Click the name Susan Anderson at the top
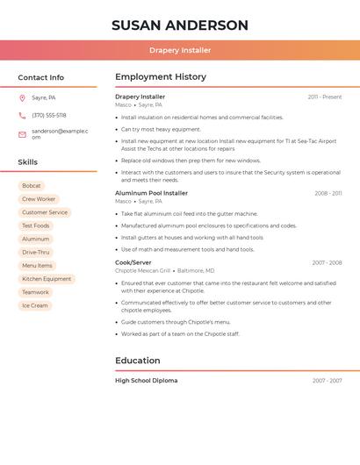coord(180,25)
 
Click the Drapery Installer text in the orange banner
coord(180,51)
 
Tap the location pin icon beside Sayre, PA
coord(22,98)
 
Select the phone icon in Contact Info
coord(22,116)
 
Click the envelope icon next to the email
coord(22,134)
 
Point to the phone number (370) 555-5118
coord(49,116)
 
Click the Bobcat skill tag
coord(32,186)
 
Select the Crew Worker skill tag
coord(39,199)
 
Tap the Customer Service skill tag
coord(45,212)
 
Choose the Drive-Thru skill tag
coord(36,253)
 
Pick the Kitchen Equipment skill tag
coord(47,279)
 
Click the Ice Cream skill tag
coord(35,306)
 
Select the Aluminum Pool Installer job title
coord(151,193)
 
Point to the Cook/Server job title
coord(133,262)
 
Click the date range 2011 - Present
coord(324,97)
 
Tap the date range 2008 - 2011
coord(328,193)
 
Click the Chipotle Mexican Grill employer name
coord(143,271)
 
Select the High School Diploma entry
coord(146,381)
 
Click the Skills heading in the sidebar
coord(28,162)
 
